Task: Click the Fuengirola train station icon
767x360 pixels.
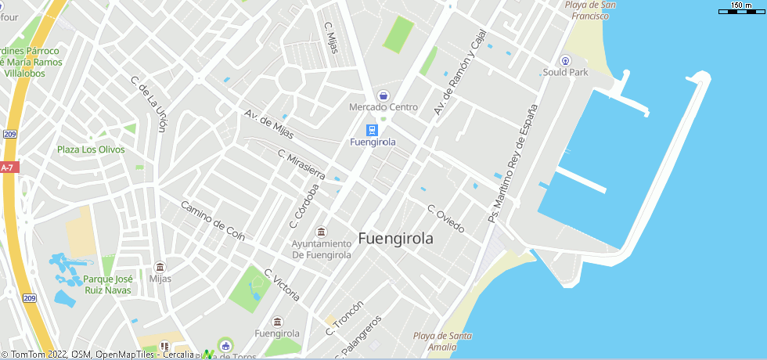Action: (x=373, y=130)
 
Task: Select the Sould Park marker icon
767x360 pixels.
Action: (x=565, y=60)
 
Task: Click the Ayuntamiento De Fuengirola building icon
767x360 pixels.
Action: (x=321, y=232)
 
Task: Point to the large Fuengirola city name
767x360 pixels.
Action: (x=395, y=239)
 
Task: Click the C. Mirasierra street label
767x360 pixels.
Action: (x=301, y=164)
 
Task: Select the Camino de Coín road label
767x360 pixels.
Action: (x=213, y=221)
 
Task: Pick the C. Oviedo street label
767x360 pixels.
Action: (x=445, y=218)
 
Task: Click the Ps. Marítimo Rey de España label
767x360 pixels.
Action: (x=513, y=164)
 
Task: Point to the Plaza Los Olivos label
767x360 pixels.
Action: (x=91, y=149)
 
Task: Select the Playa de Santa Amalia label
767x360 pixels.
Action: (x=442, y=342)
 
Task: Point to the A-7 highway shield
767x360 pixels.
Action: (x=8, y=167)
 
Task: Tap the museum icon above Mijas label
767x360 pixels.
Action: (x=160, y=267)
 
